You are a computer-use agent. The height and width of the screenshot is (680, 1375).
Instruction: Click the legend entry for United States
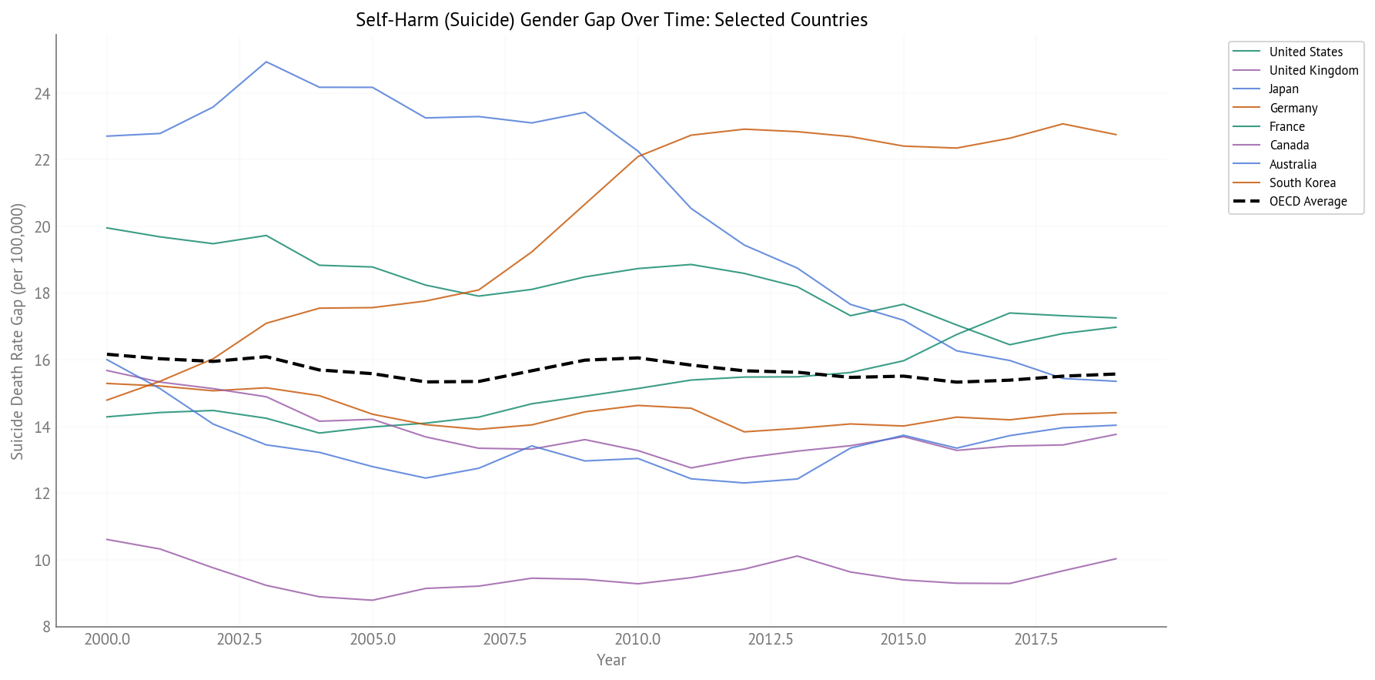(1305, 52)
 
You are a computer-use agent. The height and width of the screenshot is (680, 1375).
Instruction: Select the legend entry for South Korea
(1302, 183)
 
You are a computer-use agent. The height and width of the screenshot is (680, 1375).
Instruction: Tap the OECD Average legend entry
(1307, 202)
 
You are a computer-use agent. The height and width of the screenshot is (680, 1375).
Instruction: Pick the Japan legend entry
(1283, 89)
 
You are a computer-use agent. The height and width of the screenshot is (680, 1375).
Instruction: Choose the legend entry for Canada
(1289, 146)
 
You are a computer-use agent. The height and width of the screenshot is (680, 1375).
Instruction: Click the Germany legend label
(1293, 108)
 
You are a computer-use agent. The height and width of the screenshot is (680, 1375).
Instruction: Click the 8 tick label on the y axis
(46, 627)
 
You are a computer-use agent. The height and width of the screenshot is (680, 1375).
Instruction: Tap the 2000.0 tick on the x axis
(107, 640)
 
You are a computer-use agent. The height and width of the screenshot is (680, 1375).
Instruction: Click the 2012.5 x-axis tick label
(770, 640)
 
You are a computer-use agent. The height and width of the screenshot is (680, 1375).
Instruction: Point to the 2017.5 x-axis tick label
(1035, 640)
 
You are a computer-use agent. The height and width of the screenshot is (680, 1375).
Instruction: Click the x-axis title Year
(611, 660)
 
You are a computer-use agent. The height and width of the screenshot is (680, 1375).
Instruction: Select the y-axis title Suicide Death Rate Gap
(18, 331)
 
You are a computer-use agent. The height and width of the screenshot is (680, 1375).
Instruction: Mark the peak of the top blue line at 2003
(266, 62)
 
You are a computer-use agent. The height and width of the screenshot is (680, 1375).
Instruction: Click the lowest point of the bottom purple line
(373, 600)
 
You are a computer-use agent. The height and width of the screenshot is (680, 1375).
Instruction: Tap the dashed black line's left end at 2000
(107, 354)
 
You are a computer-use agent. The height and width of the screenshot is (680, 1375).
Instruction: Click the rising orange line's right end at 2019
(1116, 135)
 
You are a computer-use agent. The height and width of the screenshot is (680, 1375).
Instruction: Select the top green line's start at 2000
(107, 228)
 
